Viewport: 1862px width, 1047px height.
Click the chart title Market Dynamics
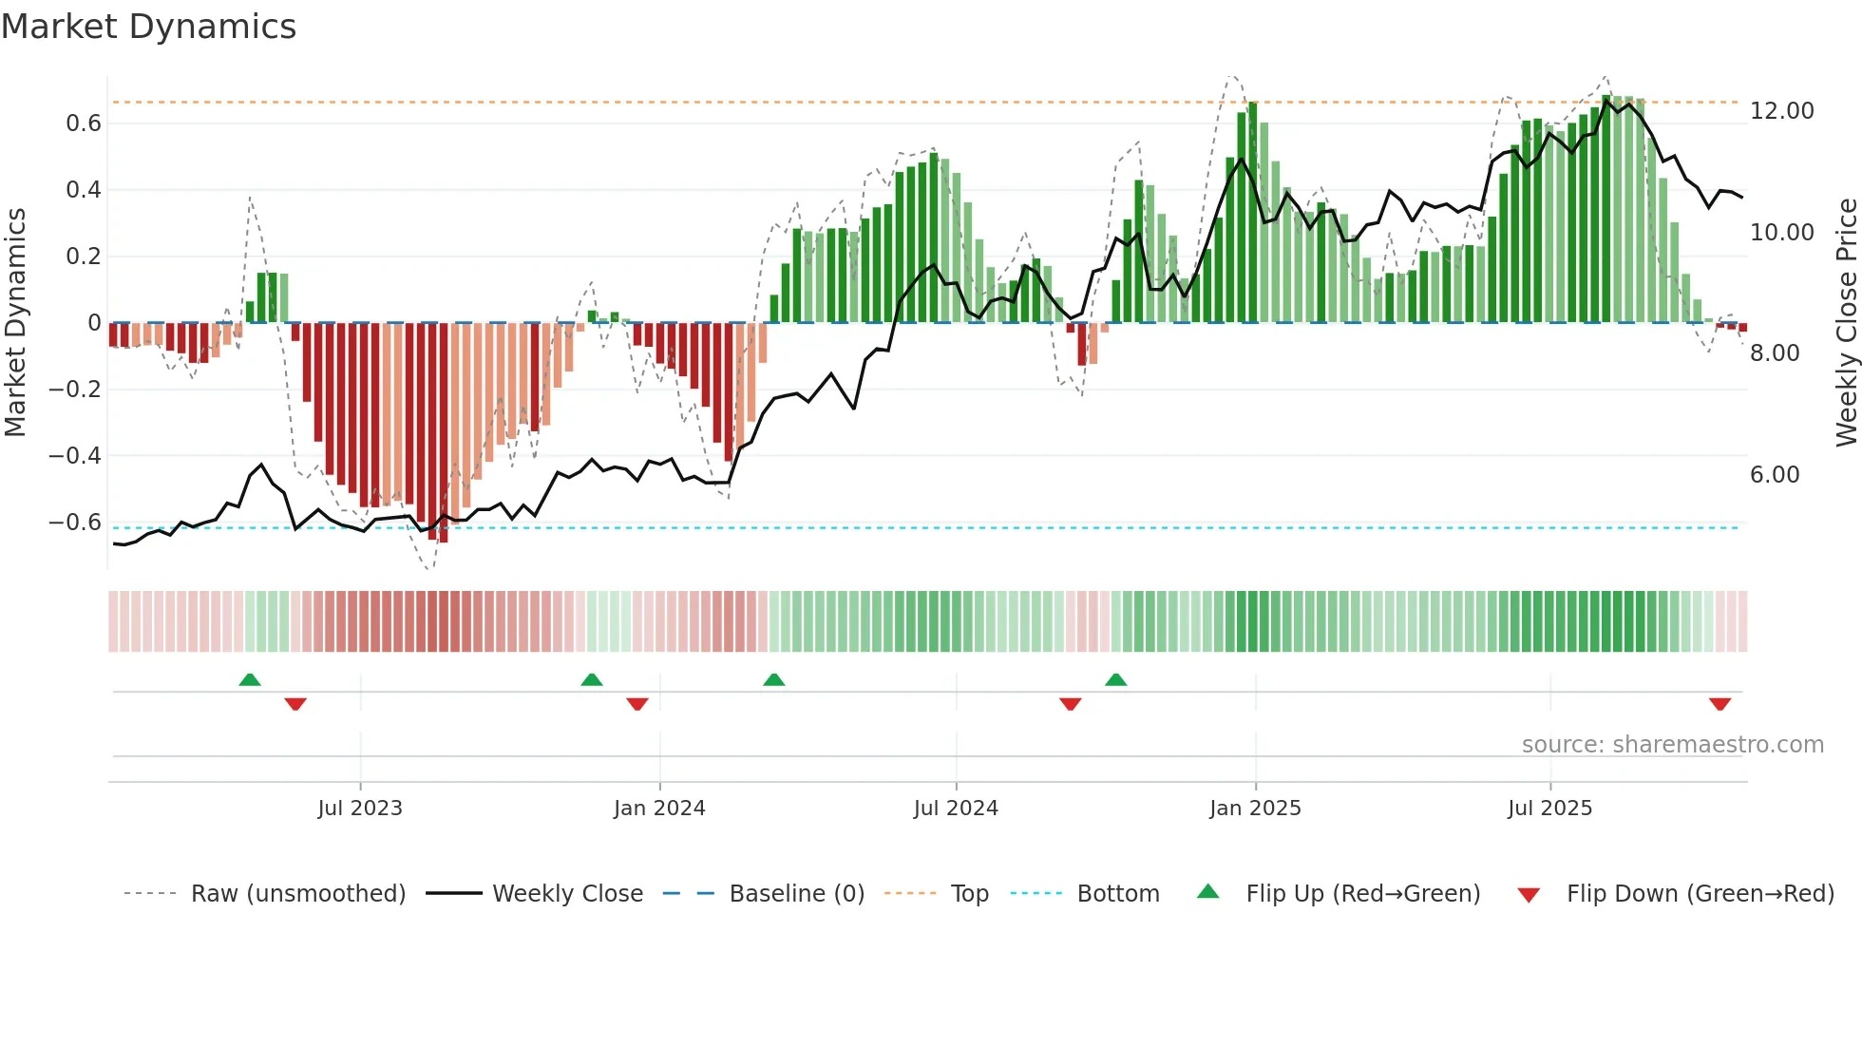tap(148, 27)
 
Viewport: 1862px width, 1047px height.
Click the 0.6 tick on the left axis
tap(84, 124)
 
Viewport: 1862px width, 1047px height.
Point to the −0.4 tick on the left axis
tap(75, 456)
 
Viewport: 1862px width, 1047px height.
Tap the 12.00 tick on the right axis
tap(1781, 111)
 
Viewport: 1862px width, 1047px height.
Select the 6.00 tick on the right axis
tap(1774, 475)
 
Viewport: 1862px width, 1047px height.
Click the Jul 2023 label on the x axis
tap(360, 809)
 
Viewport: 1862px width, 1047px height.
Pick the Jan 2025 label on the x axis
tap(1255, 809)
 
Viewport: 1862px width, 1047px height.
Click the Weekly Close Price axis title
tap(1846, 323)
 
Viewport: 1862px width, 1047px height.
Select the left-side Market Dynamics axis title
tap(15, 323)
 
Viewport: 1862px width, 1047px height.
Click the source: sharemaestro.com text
tap(1672, 745)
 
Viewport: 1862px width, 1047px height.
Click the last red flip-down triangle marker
tap(1719, 704)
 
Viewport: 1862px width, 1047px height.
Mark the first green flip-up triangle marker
tap(250, 680)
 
